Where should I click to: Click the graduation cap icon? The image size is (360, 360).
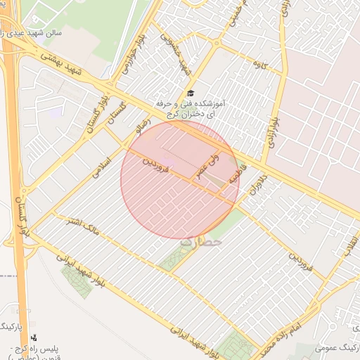(190, 94)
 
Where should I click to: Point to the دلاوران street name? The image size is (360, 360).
(257, 186)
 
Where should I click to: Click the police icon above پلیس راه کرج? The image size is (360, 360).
(34, 337)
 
